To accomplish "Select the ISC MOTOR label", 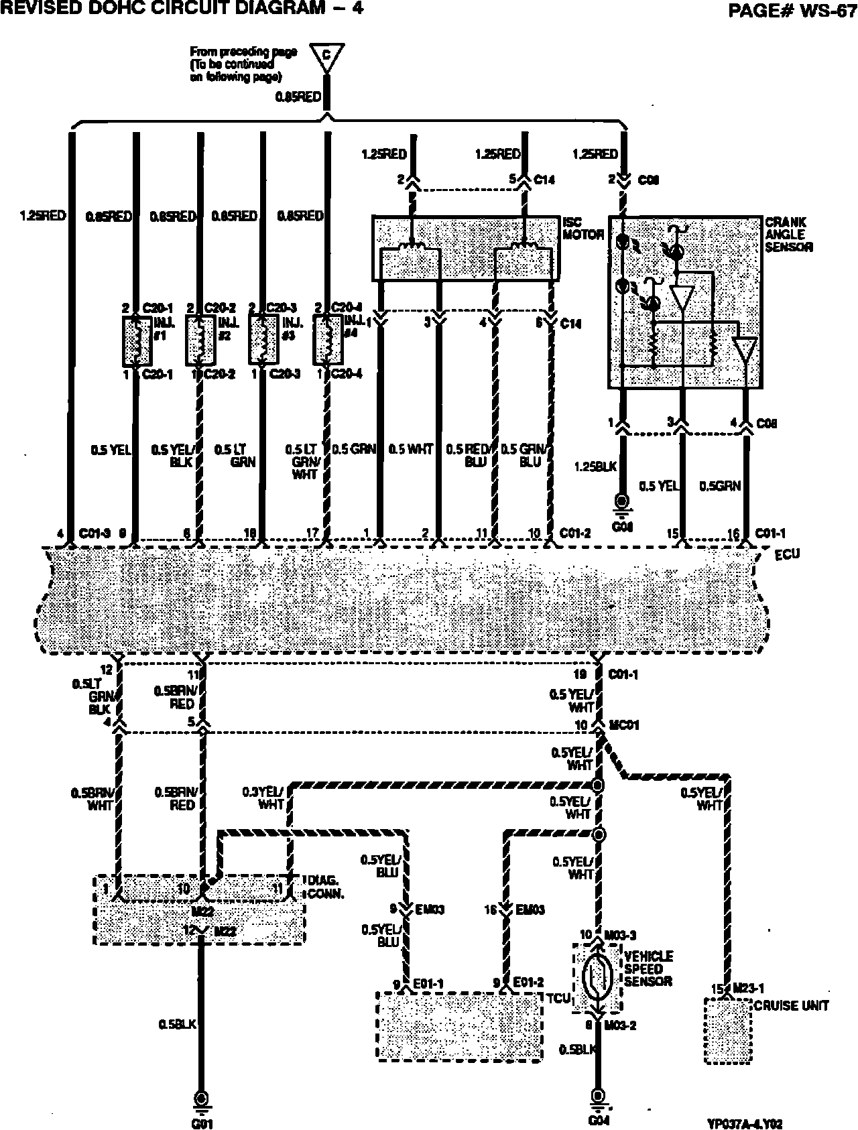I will point(583,229).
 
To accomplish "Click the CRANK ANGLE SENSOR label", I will point(789,235).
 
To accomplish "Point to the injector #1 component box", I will point(136,341).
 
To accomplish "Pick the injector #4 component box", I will point(328,341).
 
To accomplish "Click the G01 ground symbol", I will point(200,1098).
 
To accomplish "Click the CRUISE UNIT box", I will point(727,1031).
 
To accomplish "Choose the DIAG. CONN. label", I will point(326,887).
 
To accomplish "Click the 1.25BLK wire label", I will point(595,466).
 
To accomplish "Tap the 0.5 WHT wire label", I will point(411,449).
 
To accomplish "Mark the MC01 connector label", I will point(625,726).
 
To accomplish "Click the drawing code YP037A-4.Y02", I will point(745,1123).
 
